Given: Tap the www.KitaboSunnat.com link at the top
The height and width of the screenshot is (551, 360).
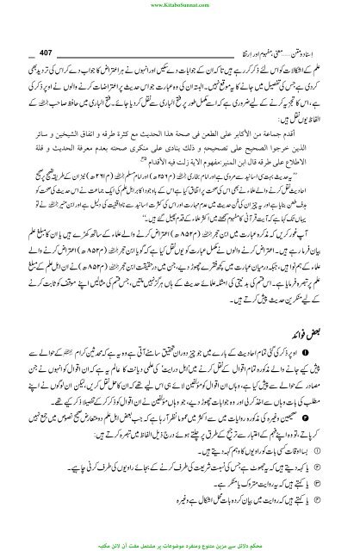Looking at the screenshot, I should (x=180, y=4).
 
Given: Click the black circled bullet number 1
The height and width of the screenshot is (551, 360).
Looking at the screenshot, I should (x=339, y=365).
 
